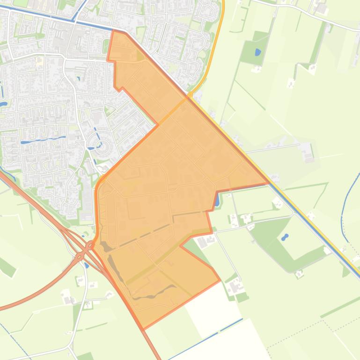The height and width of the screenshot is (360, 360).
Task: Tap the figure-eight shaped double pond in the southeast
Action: point(285,238)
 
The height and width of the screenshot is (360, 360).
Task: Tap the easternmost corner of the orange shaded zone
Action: point(268,183)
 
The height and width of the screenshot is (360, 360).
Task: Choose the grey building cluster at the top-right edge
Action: point(321,7)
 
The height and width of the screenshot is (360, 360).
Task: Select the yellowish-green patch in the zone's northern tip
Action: point(140,57)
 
